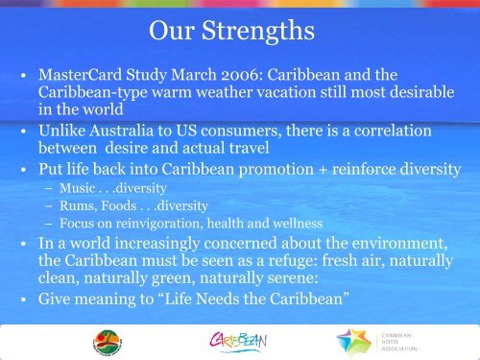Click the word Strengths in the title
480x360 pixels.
258,31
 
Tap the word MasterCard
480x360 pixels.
80,75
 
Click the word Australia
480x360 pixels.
121,131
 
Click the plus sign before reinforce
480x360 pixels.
323,170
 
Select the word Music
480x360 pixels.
78,188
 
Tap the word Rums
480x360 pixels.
79,205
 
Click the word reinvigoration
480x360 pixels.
159,224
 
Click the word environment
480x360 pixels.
399,243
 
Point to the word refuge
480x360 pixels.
293,261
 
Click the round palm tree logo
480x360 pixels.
108,343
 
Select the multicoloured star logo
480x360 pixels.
354,342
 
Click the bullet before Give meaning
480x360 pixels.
23,300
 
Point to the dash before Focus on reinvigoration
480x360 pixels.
49,224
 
